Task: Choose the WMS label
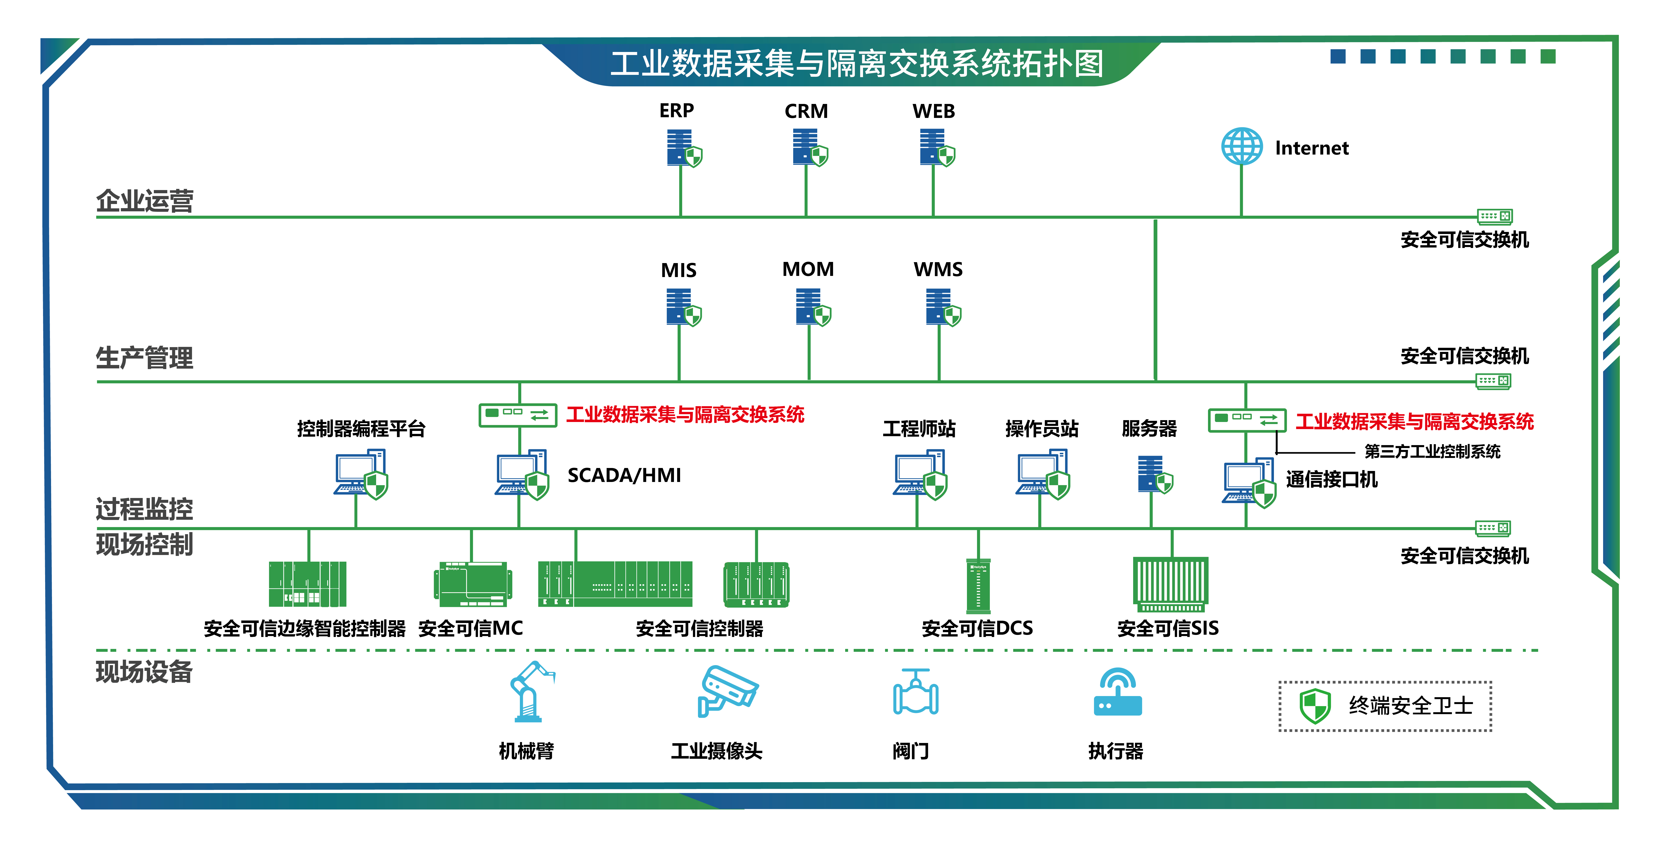[x=938, y=269]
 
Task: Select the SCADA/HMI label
[x=624, y=476]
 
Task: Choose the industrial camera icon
[x=727, y=690]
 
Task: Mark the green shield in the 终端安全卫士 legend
[x=1314, y=706]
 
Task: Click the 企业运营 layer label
[x=145, y=201]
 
